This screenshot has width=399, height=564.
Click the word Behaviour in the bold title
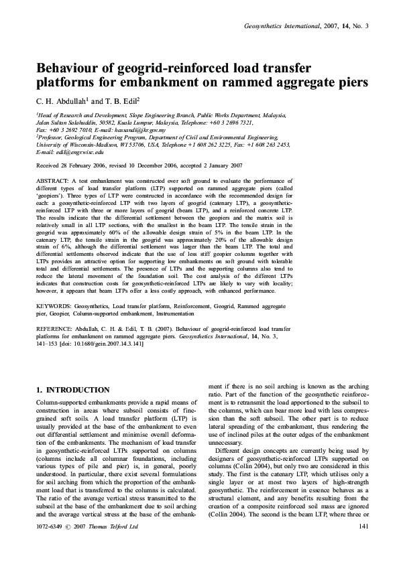coord(69,68)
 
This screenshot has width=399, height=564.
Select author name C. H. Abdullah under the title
coord(61,101)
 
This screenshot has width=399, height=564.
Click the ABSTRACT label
coord(54,182)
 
